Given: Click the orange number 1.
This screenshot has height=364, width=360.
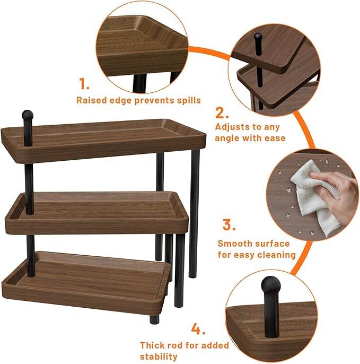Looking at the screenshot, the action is pyautogui.click(x=84, y=84).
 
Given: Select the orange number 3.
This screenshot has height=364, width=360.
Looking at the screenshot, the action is pyautogui.click(x=229, y=224).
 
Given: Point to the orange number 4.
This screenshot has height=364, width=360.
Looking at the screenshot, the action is pyautogui.click(x=198, y=329).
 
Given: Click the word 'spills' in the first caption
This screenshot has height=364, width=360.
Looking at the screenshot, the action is pyautogui.click(x=189, y=100).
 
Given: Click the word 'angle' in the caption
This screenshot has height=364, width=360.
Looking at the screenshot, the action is pyautogui.click(x=227, y=138).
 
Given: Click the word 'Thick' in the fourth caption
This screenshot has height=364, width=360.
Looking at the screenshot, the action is pyautogui.click(x=152, y=345).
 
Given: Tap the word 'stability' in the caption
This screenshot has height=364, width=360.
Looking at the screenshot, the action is pyautogui.click(x=159, y=357).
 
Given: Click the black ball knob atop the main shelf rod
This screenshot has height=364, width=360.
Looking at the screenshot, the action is pyautogui.click(x=28, y=115).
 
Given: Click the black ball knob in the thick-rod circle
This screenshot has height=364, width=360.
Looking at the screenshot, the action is pyautogui.click(x=271, y=284).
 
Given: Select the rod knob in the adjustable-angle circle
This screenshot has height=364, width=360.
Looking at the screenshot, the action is pyautogui.click(x=258, y=37).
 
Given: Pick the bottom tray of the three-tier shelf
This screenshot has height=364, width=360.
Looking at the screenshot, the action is pyautogui.click(x=86, y=283).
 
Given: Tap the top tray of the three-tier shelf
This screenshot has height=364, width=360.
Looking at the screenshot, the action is pyautogui.click(x=103, y=141).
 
